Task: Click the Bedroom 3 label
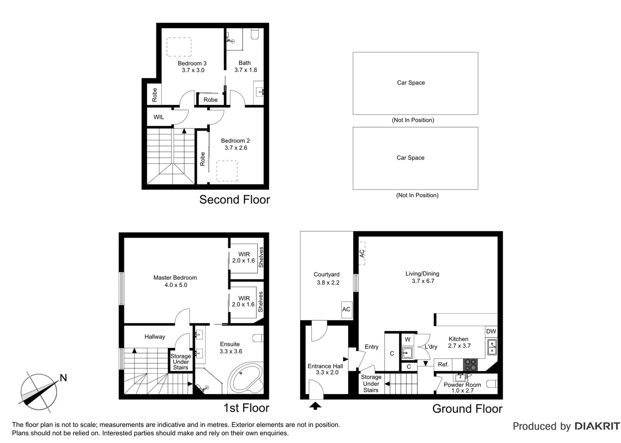192,63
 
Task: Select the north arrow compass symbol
39,392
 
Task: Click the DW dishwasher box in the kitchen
491,331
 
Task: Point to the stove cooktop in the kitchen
470,364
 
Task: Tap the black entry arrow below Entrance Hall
315,406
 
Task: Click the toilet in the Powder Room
492,384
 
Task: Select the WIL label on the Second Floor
159,117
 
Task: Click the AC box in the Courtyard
346,309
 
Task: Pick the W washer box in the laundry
408,339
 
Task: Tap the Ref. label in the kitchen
443,364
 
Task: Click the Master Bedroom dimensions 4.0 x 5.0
176,285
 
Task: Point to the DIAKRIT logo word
597,426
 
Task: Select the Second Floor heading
234,200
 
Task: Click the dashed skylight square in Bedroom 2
227,171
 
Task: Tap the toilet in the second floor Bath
255,34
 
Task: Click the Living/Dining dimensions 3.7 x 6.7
423,281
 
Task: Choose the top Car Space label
411,82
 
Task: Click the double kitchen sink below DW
491,347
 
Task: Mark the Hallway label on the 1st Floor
155,337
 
